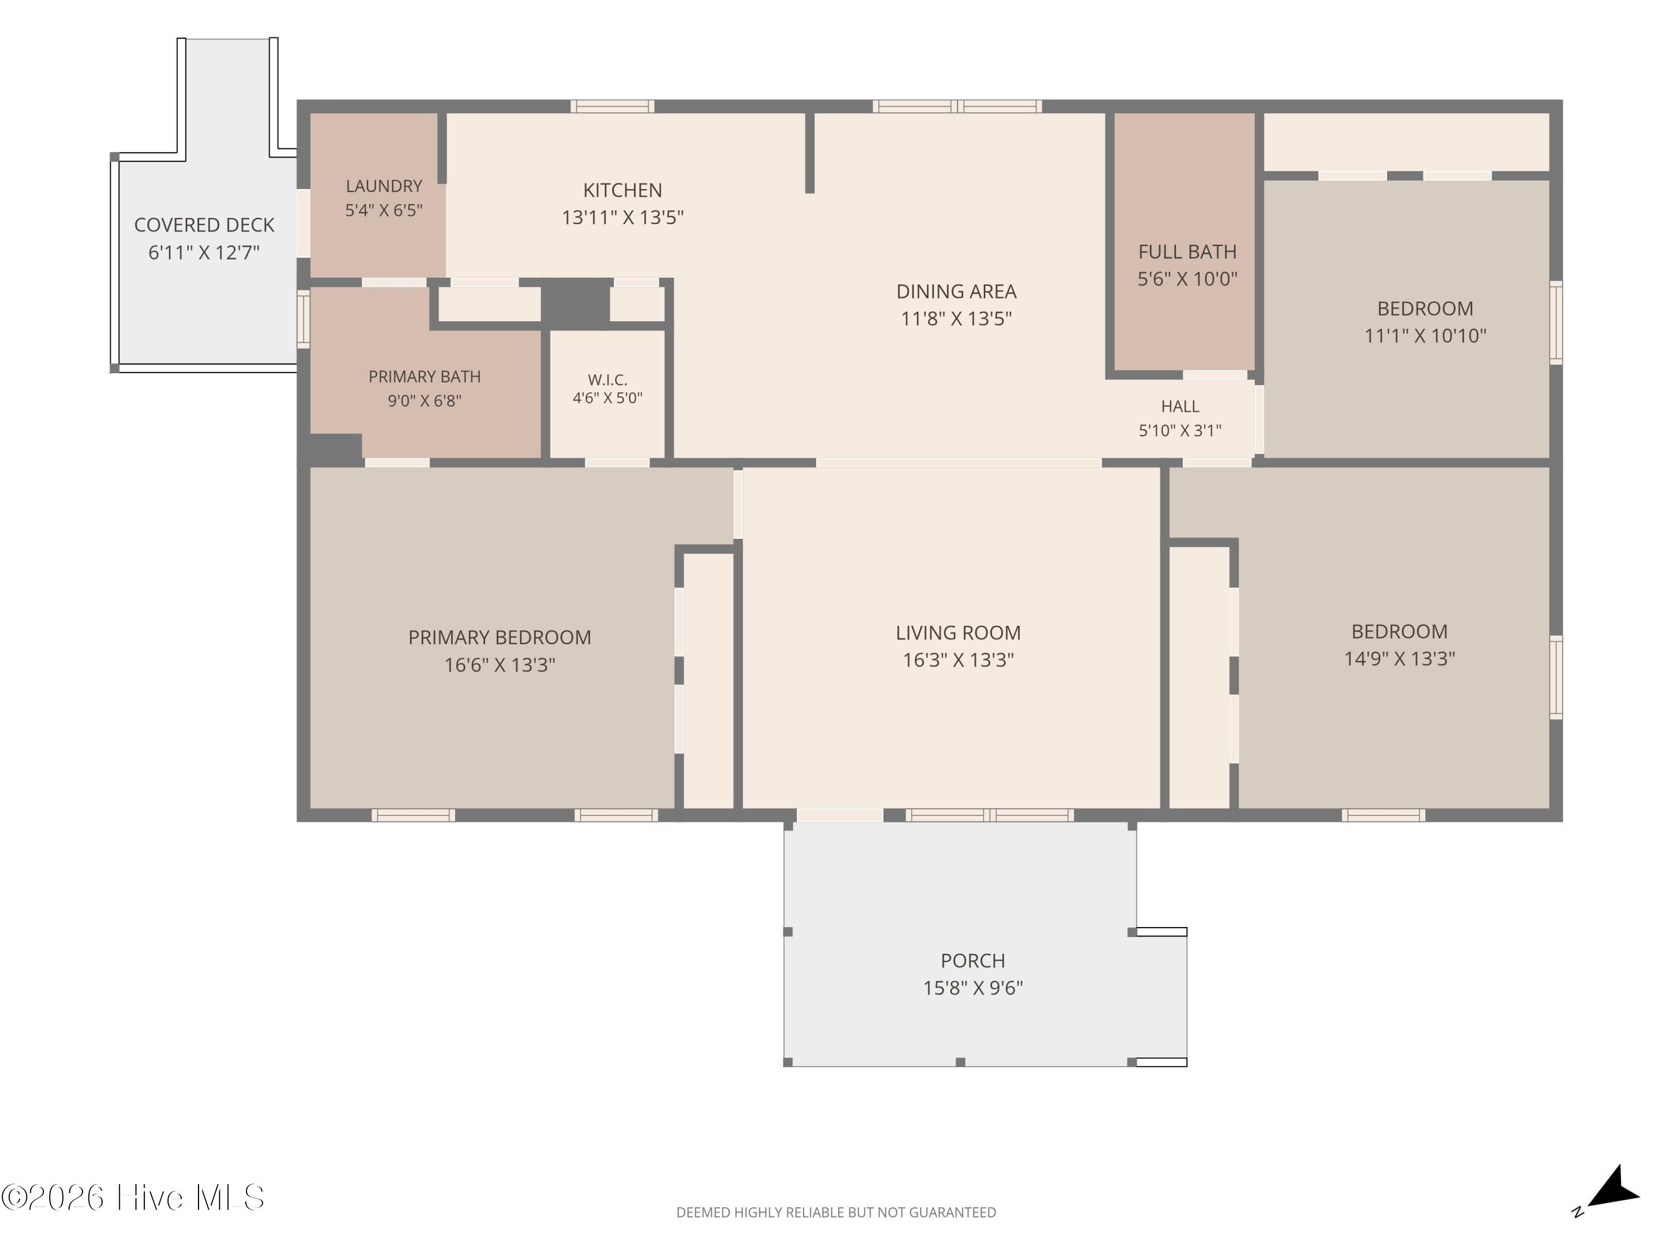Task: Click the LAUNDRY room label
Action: coord(384,186)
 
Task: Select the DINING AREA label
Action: coord(956,291)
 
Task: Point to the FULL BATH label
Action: coord(1187,252)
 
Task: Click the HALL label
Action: coord(1180,406)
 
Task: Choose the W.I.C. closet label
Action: coord(607,380)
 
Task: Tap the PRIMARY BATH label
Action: coord(424,376)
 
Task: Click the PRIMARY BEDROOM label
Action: coord(499,638)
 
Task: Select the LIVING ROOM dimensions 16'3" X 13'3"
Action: coord(958,660)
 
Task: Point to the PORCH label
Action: coord(973,960)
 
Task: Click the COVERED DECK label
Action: coord(204,225)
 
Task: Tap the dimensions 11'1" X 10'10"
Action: coord(1425,336)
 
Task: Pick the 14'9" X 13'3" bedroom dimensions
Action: coord(1399,659)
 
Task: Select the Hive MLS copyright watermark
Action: coord(133,1198)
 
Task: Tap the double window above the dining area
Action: coord(958,107)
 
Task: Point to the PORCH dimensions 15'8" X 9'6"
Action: coord(973,988)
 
